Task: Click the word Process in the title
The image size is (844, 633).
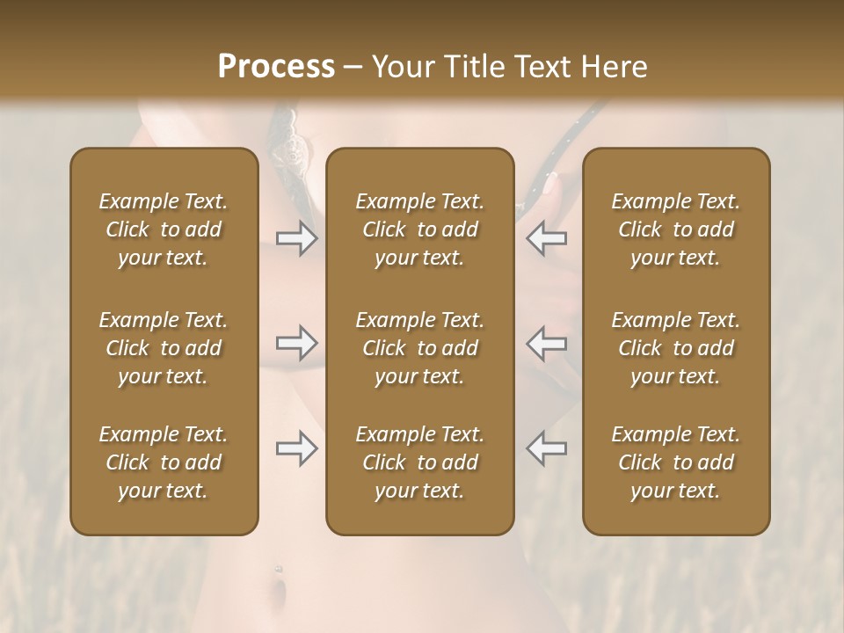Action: click(276, 67)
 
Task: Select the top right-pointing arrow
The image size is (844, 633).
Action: click(296, 238)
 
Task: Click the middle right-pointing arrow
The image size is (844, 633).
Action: click(296, 343)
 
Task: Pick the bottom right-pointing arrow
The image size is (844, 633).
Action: click(296, 448)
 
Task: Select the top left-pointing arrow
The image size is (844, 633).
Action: click(547, 238)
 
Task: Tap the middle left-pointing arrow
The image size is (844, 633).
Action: click(547, 343)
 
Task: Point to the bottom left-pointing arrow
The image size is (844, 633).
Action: click(547, 448)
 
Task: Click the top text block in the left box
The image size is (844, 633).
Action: click(164, 229)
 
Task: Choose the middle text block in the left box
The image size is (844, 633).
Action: click(164, 348)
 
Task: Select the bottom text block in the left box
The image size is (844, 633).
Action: click(164, 462)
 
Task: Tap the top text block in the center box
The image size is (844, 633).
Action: click(420, 229)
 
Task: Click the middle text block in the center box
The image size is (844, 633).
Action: click(420, 348)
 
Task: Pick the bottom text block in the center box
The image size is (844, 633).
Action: click(420, 462)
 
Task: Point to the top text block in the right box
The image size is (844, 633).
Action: click(676, 229)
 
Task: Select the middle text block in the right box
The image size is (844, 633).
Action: click(676, 348)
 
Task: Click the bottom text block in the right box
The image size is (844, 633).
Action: click(676, 462)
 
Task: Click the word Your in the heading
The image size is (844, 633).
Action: click(402, 67)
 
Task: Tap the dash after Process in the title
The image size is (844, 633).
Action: click(353, 68)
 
